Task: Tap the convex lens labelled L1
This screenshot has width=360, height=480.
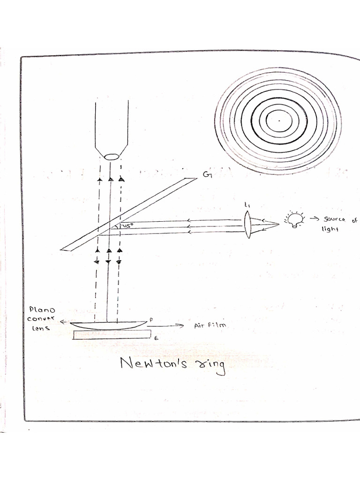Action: click(x=248, y=223)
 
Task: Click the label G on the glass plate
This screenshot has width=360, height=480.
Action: click(x=206, y=175)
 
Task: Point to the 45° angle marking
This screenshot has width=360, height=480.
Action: click(x=127, y=225)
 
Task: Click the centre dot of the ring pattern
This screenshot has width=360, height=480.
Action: click(x=278, y=120)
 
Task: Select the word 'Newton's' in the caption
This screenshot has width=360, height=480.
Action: click(x=153, y=363)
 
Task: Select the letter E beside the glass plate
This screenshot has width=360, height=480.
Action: click(x=156, y=337)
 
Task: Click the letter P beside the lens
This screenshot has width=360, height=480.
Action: click(x=151, y=319)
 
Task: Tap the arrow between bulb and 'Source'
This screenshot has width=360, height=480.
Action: click(x=312, y=218)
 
